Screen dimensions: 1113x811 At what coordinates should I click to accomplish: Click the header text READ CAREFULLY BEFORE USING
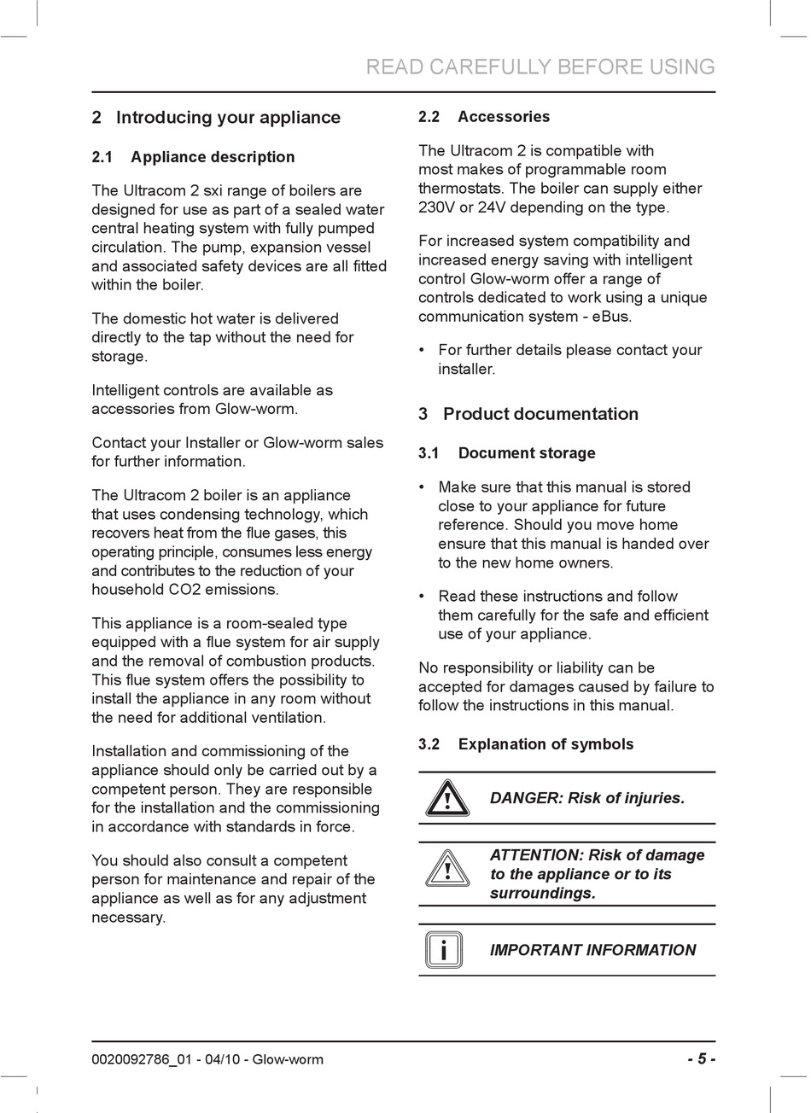click(540, 67)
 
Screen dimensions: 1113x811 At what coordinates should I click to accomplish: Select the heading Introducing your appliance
click(216, 118)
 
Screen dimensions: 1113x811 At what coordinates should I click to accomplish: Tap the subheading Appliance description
click(193, 157)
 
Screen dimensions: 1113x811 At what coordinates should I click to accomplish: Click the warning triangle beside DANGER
click(446, 799)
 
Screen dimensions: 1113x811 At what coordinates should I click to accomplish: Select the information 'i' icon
click(444, 950)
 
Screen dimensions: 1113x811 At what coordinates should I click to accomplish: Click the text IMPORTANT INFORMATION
click(592, 950)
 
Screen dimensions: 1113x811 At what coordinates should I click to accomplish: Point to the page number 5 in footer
click(701, 1059)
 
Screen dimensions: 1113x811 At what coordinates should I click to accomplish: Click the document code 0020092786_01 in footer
click(137, 1060)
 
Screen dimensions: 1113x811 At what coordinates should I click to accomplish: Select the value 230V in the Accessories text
click(437, 207)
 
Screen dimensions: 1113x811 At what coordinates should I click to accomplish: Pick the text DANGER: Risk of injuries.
click(587, 799)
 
